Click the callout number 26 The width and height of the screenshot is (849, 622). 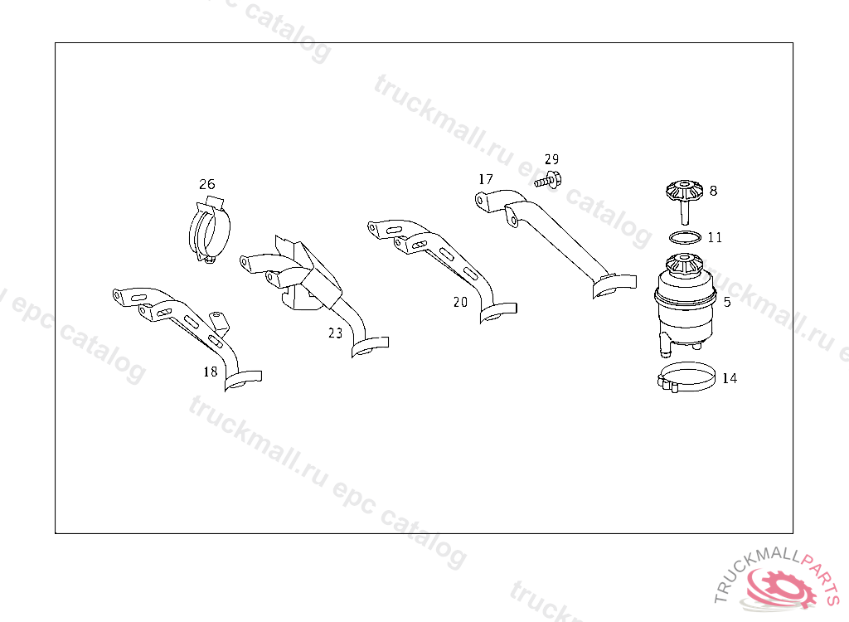206,184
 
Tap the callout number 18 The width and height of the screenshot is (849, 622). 210,372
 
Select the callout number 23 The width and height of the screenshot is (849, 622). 336,333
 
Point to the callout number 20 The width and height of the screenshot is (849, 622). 460,303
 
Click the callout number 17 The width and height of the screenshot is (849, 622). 486,179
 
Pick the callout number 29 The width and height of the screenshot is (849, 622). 551,159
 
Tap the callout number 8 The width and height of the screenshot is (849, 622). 713,191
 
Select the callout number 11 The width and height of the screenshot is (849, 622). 716,237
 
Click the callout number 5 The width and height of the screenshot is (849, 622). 727,302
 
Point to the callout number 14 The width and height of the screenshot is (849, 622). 730,378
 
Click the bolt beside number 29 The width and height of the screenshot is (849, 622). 547,180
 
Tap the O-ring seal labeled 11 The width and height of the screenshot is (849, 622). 685,237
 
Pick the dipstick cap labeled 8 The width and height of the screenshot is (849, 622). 684,201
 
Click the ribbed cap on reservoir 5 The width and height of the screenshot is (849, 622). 684,265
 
